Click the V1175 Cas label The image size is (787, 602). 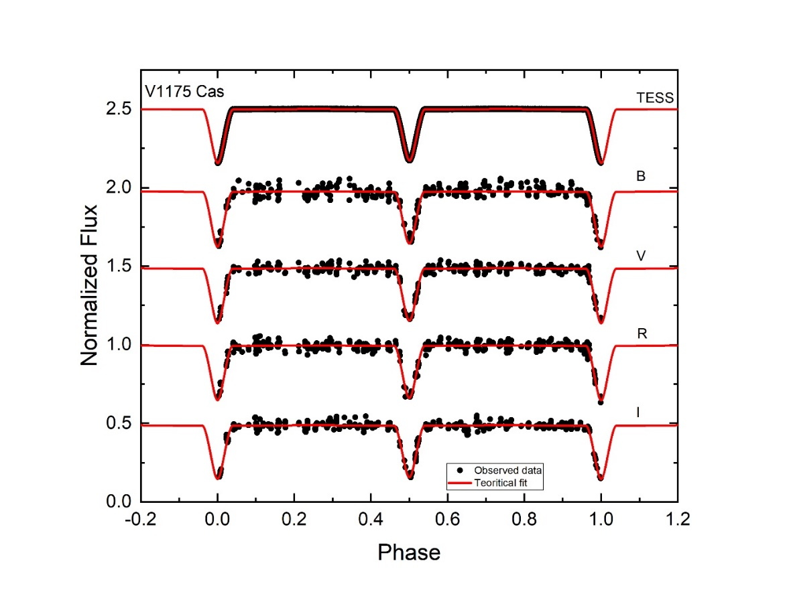(185, 92)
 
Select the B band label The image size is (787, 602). (640, 176)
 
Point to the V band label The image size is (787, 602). (640, 254)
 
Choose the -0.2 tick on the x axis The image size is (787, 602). (141, 520)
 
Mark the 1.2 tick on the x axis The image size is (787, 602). (678, 520)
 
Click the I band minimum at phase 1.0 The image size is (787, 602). (601, 478)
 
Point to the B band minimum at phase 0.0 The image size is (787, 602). (217, 246)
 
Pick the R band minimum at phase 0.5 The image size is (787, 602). (409, 398)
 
